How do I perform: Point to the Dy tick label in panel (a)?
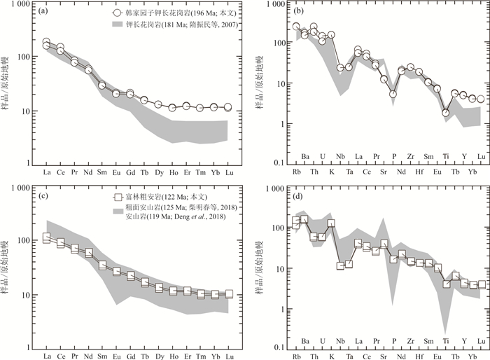pyautogui.click(x=158, y=172)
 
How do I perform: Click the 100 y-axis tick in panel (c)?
pyautogui.click(x=22, y=241)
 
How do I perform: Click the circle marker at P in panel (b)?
pyautogui.click(x=393, y=94)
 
